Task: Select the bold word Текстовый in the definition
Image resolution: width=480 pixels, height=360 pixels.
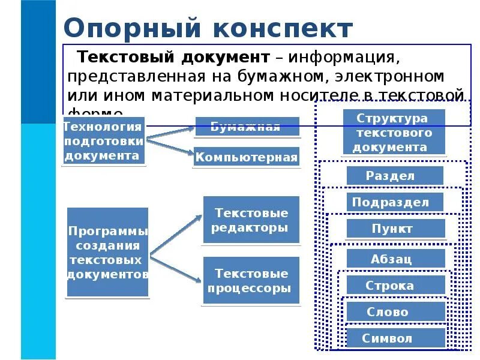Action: (x=121, y=58)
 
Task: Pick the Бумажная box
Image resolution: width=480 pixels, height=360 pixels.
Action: (x=246, y=127)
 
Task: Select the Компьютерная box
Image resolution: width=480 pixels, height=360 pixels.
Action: (x=246, y=158)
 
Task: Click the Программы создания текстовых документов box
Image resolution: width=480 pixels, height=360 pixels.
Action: (x=107, y=252)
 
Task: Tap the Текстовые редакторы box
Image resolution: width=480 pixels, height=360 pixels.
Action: (x=251, y=220)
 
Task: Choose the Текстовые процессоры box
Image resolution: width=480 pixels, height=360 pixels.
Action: (x=251, y=281)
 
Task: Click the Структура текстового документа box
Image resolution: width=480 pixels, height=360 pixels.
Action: (x=394, y=132)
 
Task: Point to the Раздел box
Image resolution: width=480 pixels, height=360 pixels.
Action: (x=394, y=176)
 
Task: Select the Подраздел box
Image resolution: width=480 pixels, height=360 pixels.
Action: (x=394, y=202)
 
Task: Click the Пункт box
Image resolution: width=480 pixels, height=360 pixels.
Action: (x=395, y=229)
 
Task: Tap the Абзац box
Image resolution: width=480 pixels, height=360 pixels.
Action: (x=395, y=259)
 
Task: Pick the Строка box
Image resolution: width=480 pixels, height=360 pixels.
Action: (x=395, y=285)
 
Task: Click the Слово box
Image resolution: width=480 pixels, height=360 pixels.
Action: (x=395, y=312)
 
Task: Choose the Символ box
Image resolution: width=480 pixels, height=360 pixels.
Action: (x=395, y=338)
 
